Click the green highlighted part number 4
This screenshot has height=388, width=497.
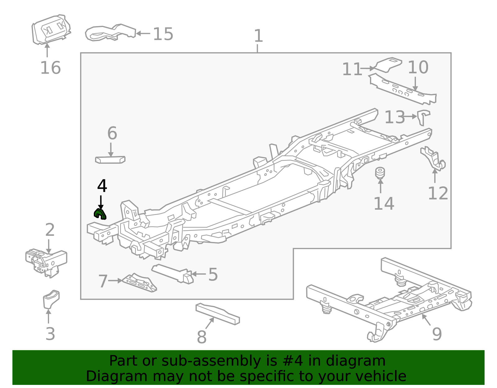coord(100,214)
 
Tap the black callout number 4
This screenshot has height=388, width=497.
coord(102,186)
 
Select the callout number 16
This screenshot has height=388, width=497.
coord(50,68)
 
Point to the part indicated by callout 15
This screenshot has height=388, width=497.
coord(110,32)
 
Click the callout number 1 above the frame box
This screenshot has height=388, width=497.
coord(258,36)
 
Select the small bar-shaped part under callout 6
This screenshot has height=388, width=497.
coord(110,160)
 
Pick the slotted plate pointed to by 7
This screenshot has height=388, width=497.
coord(140,283)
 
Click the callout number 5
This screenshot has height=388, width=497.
coord(213,275)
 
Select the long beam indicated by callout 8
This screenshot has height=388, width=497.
coord(217,314)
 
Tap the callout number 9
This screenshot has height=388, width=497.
coord(437,334)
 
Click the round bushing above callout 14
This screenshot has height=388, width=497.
coord(380,173)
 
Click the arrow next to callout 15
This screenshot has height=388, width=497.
coord(143,33)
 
